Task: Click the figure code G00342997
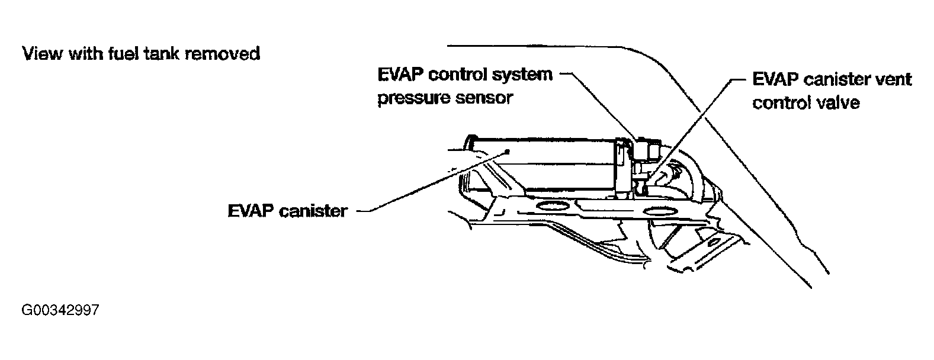pos(60,310)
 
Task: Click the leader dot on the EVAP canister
pos(508,152)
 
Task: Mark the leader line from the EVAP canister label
pos(426,183)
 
